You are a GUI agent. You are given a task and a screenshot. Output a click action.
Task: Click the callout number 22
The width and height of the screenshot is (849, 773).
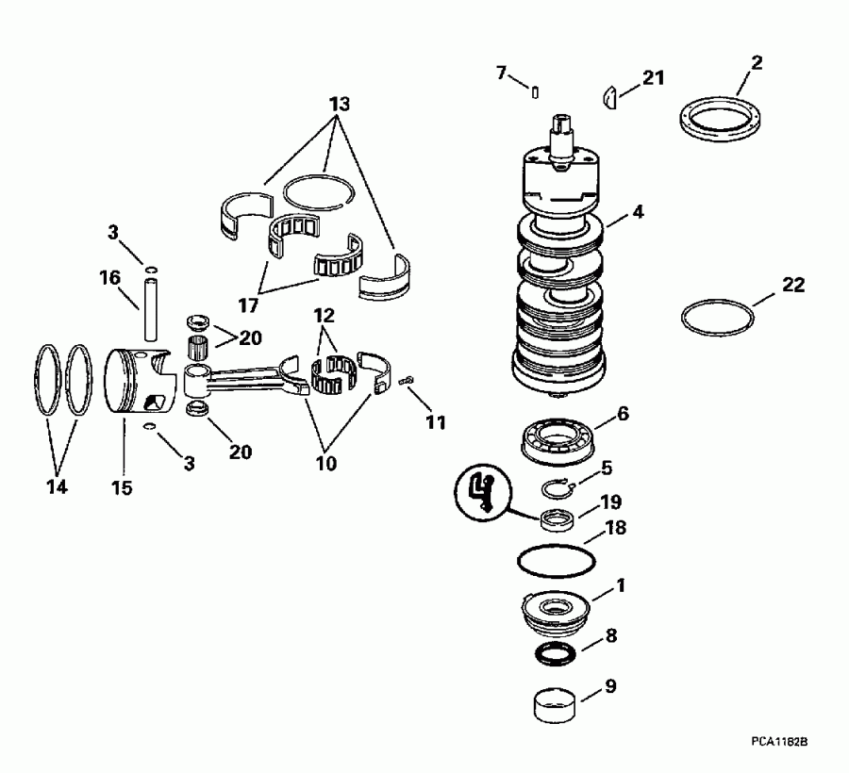click(x=793, y=286)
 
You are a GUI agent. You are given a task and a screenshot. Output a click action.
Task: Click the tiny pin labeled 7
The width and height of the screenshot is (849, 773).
click(x=535, y=91)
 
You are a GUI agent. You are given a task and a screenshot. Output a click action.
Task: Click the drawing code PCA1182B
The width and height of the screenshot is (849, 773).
click(x=778, y=743)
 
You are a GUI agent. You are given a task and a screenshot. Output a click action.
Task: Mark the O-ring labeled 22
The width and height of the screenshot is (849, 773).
click(x=718, y=317)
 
